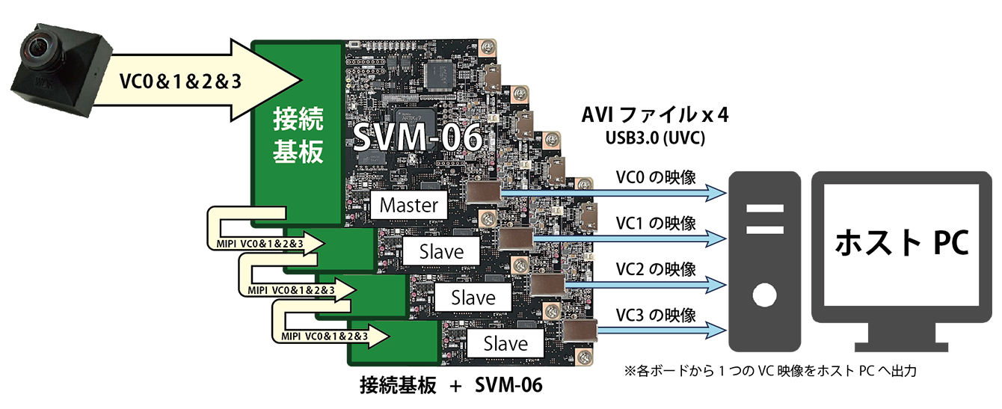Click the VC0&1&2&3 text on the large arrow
point(180,82)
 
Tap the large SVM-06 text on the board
point(418,137)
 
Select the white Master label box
point(409,205)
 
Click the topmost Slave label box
point(441,251)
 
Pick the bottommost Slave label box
point(505,343)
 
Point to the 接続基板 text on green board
point(298,135)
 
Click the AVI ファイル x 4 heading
point(655,114)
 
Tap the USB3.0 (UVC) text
point(655,138)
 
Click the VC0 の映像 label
point(656,177)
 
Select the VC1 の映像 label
point(656,224)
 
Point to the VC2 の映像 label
point(656,269)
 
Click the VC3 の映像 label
point(656,316)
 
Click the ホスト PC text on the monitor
point(902,242)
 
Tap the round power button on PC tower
point(764,295)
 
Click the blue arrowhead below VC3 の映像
point(716,330)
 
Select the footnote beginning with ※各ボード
point(770,371)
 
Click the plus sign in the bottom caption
point(455,386)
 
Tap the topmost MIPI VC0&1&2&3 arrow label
point(259,244)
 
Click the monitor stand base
point(901,346)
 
